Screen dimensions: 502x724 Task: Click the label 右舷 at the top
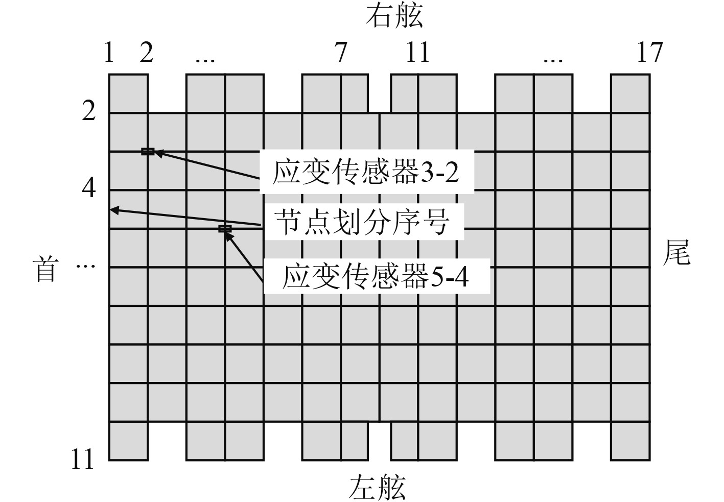394,16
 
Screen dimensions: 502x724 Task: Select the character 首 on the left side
45,269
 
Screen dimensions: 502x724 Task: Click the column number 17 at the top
649,52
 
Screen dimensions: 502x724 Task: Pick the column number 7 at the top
341,52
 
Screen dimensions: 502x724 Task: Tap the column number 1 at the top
108,52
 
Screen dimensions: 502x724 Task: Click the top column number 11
417,52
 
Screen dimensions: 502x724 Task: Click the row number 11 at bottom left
82,459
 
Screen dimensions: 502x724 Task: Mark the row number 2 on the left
89,110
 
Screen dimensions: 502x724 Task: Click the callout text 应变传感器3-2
366,172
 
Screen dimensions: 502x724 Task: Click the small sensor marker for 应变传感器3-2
148,151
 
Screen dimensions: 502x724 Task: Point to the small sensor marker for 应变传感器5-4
225,229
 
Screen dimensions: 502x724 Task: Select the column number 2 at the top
147,52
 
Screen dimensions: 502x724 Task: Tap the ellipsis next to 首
85,266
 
